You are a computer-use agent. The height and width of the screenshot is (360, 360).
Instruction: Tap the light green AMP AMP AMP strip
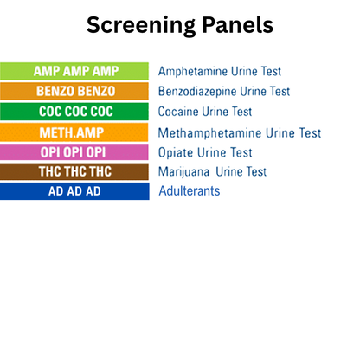coord(74,71)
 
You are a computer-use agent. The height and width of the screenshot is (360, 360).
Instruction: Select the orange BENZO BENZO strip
coord(74,91)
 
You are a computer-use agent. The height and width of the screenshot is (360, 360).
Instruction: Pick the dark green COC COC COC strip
coord(74,112)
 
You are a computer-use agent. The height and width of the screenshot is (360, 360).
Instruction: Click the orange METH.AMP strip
coord(74,132)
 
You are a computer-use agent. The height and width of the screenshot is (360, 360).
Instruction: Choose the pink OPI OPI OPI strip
coord(74,152)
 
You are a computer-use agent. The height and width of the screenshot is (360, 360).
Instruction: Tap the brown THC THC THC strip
coord(74,172)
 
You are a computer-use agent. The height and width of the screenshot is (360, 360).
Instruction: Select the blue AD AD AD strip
coord(74,191)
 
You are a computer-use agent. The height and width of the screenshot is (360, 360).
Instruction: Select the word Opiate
coord(177,152)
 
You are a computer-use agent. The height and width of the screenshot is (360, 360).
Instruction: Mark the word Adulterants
coord(189,191)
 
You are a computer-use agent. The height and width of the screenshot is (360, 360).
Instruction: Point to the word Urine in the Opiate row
coord(215,152)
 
